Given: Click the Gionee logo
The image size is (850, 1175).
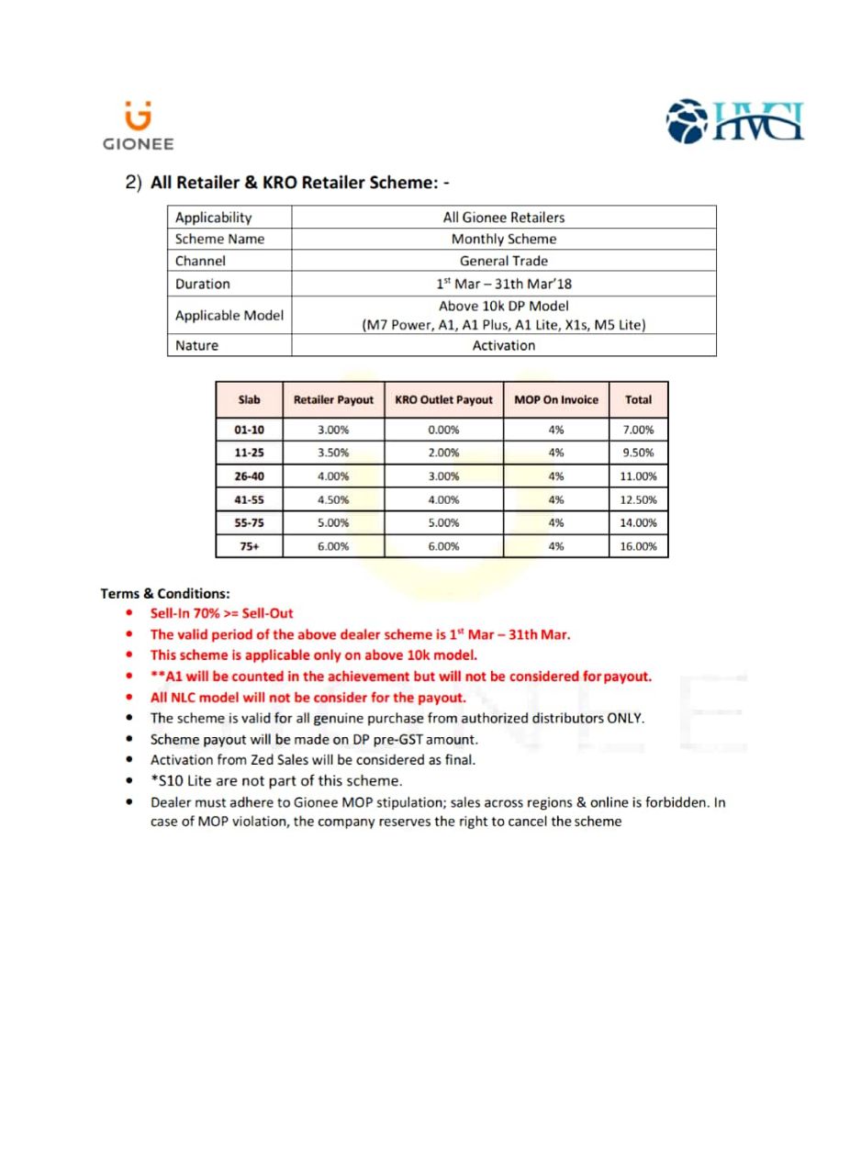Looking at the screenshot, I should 138,126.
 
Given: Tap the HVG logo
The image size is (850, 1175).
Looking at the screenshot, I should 736,123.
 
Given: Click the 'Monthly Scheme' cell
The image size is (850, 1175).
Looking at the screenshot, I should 503,239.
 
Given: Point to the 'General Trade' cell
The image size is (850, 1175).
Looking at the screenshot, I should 503,261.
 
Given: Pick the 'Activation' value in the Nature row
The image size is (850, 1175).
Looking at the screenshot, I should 503,345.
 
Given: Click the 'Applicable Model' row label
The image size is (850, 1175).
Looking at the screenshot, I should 229,315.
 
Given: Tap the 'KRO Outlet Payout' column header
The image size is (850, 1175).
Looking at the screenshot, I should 443,399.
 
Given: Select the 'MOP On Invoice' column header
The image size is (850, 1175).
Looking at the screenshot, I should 555,399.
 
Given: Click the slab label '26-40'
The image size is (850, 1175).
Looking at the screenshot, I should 249,476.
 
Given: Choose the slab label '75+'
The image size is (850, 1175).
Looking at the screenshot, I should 249,546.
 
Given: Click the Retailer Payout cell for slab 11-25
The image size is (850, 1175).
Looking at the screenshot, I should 333,453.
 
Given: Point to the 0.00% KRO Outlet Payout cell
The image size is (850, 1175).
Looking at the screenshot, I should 443,430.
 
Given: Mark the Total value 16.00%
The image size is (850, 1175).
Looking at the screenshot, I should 639,546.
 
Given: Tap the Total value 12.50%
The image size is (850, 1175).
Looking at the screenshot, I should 639,499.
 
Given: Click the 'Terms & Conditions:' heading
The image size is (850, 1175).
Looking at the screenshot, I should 165,593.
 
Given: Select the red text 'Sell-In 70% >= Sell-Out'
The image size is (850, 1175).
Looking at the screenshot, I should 221,613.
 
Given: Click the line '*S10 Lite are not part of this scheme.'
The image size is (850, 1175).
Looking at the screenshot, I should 275,781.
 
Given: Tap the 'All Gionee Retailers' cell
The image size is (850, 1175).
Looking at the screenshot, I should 503,218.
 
